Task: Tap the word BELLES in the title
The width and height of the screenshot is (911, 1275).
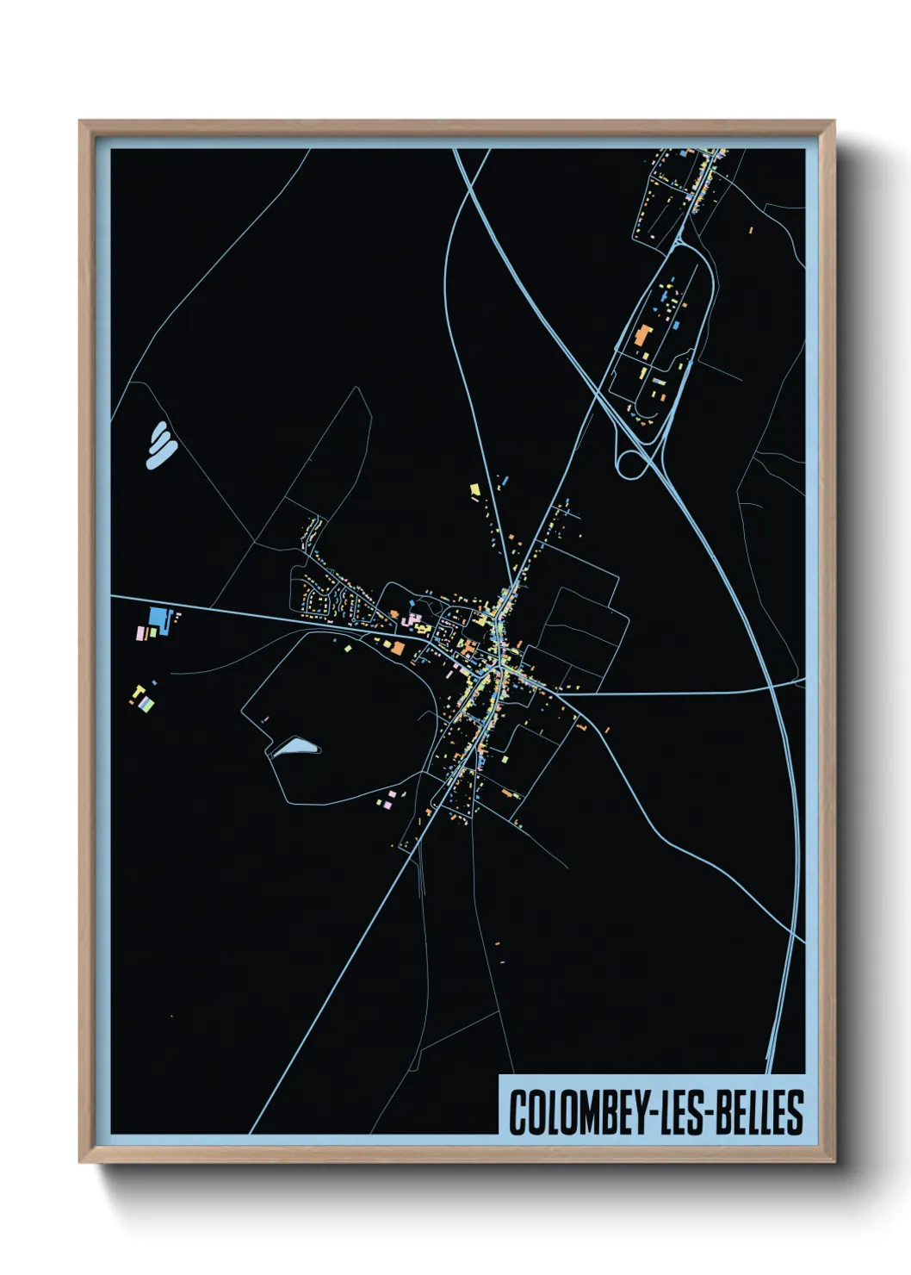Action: coord(763,1112)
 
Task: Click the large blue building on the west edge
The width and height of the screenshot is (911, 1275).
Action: coord(158,617)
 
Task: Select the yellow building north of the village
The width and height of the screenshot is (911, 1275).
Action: coord(474,489)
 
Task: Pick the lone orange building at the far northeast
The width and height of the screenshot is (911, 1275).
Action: coord(750,230)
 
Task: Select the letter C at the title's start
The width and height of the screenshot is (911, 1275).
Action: coord(517,1112)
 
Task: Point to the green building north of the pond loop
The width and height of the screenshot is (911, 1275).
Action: coord(347,646)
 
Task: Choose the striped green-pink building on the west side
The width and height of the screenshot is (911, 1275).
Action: coord(148,704)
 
